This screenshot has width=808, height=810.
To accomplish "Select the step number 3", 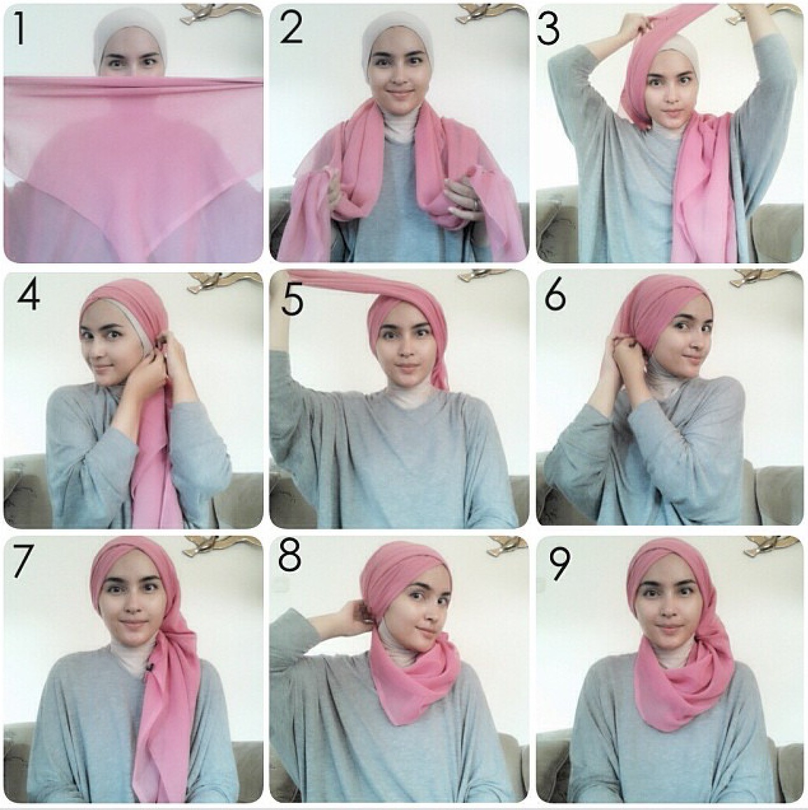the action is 549,29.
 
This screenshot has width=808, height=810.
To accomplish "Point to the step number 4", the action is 29,295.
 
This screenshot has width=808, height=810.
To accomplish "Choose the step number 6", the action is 555,295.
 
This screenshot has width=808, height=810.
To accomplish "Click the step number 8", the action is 290,555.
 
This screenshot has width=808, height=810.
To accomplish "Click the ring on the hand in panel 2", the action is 475,203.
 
